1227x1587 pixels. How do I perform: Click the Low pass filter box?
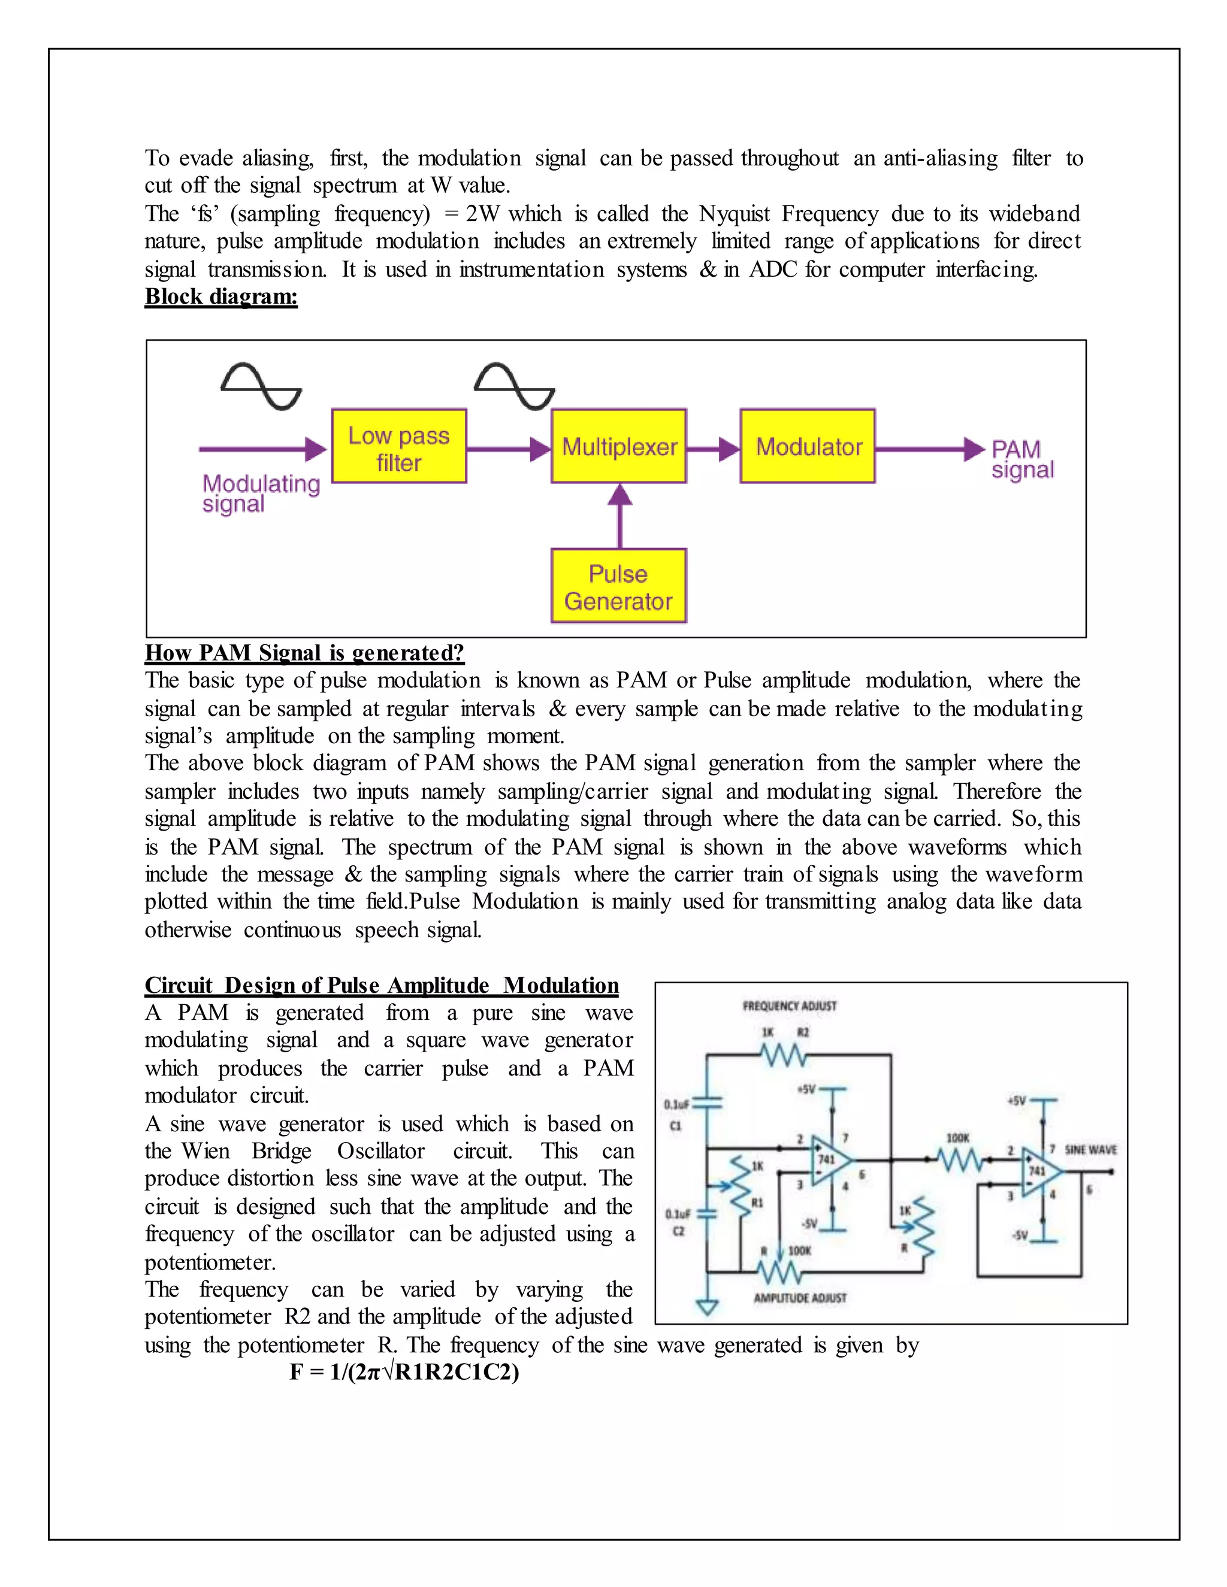pyautogui.click(x=398, y=446)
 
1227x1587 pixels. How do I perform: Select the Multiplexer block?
pyautogui.click(x=618, y=446)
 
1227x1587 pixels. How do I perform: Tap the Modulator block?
pyautogui.click(x=808, y=446)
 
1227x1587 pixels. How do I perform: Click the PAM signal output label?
pyautogui.click(x=1022, y=459)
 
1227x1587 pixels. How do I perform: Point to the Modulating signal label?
pyautogui.click(x=260, y=493)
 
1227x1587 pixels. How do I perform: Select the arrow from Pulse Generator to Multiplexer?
pyautogui.click(x=619, y=515)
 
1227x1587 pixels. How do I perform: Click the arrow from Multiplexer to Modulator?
pyautogui.click(x=713, y=449)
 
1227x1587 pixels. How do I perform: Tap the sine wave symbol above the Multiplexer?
pyautogui.click(x=514, y=386)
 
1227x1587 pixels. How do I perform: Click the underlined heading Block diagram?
pyautogui.click(x=221, y=296)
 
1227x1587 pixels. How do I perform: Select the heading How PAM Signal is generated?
pyautogui.click(x=304, y=653)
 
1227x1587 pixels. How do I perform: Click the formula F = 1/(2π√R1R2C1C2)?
pyautogui.click(x=404, y=1372)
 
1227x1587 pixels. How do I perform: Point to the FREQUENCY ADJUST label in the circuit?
pyautogui.click(x=790, y=1005)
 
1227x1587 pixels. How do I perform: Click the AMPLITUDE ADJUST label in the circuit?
pyautogui.click(x=800, y=1298)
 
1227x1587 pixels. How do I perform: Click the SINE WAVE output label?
pyautogui.click(x=1090, y=1150)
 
